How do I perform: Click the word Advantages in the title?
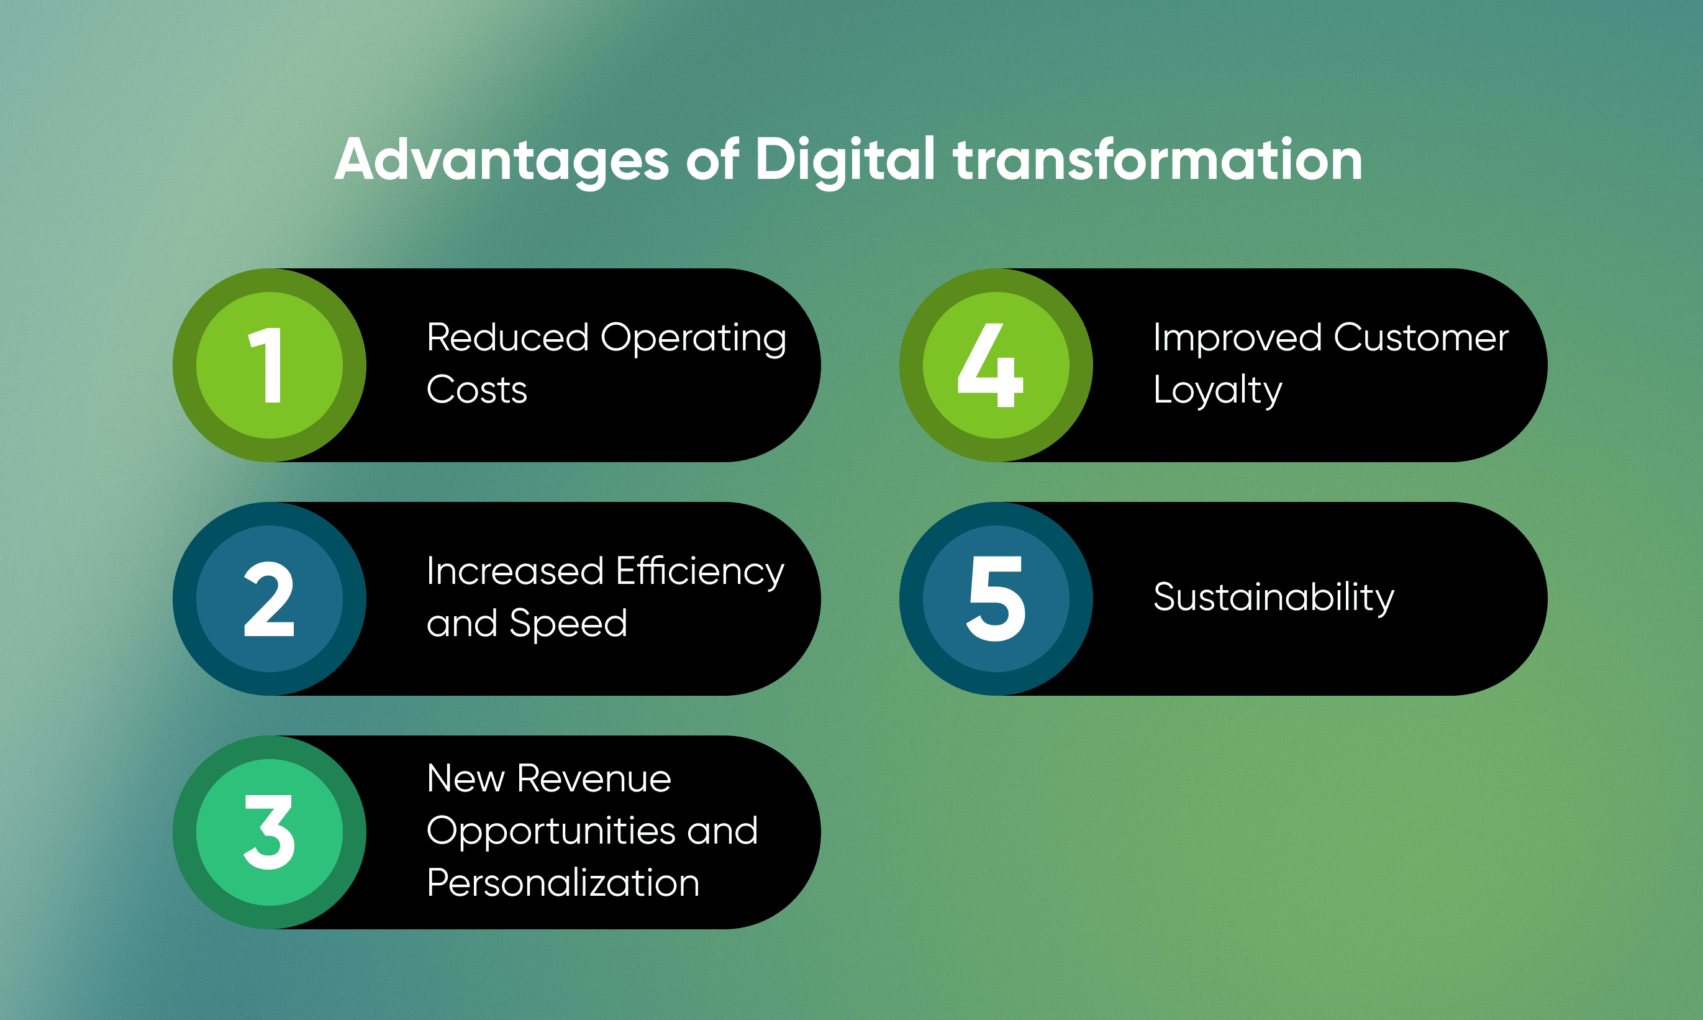tap(502, 160)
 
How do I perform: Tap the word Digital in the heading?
tap(845, 160)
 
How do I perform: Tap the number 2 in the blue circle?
tap(270, 599)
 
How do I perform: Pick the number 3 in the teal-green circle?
tap(270, 832)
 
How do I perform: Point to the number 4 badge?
tap(996, 365)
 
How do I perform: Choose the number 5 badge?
tap(996, 599)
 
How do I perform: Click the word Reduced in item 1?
tap(508, 337)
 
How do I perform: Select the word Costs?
tap(477, 389)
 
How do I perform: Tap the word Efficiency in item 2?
tap(701, 573)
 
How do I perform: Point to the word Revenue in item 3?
tap(594, 779)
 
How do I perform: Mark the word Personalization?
tap(563, 883)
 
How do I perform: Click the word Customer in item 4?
tap(1421, 337)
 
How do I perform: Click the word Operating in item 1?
tap(693, 339)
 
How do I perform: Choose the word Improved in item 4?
tap(1238, 339)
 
